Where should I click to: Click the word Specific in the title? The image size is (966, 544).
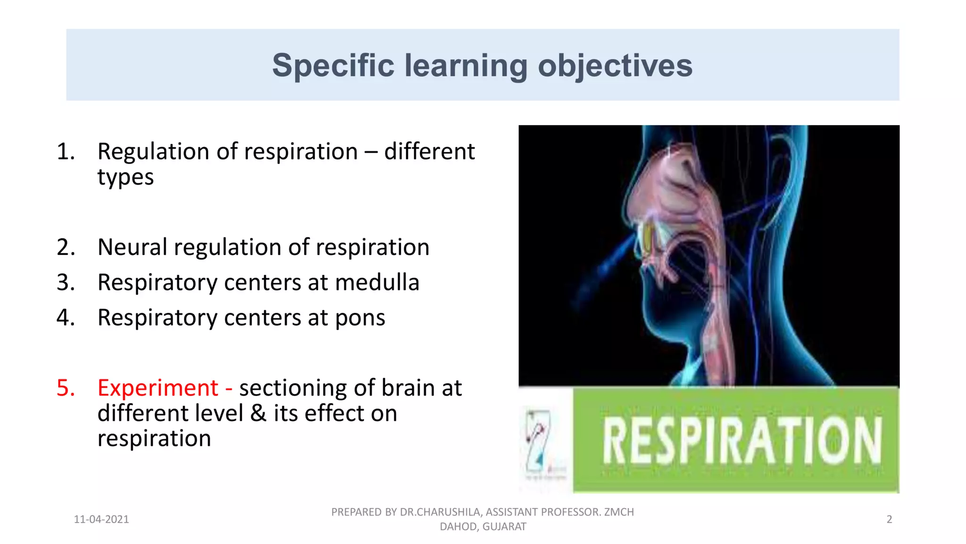coord(333,65)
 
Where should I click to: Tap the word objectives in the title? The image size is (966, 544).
coord(615,65)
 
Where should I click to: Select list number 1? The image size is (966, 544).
coord(66,152)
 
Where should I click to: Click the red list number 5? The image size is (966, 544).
coord(66,388)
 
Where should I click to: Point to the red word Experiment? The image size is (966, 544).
coord(158,388)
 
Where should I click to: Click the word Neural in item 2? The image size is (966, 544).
coord(132,247)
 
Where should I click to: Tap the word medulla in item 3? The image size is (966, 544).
coord(377,283)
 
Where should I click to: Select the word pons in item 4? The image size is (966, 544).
coord(360,318)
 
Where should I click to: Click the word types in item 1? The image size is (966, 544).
coord(125,178)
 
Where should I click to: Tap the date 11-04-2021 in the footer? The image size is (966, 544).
coord(101,519)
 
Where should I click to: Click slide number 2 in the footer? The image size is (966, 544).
coord(889,519)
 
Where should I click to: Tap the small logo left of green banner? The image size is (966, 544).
coord(540,442)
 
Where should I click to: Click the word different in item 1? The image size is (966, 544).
coord(429,152)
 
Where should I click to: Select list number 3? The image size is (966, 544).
coord(66,283)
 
